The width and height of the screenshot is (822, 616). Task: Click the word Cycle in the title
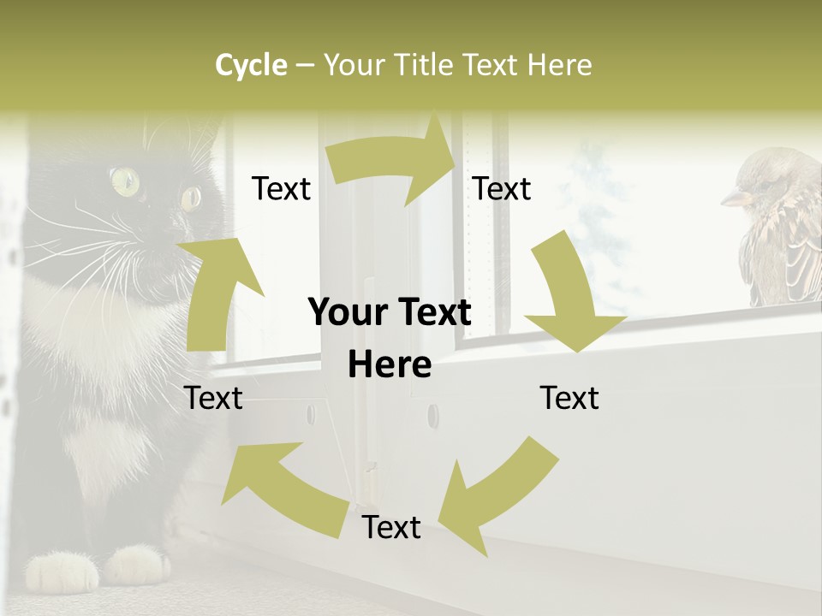click(x=251, y=65)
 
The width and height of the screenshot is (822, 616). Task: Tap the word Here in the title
click(x=559, y=65)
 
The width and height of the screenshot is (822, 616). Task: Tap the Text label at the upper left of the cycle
click(x=281, y=189)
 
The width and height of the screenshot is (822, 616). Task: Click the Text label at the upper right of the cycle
click(x=502, y=189)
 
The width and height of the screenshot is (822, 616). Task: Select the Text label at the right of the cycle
click(x=569, y=398)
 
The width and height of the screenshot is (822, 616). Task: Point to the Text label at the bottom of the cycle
click(x=391, y=528)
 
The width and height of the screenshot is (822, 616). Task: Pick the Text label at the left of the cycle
click(x=213, y=398)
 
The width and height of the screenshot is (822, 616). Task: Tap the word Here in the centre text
click(x=390, y=365)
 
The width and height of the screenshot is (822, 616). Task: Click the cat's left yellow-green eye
click(x=125, y=180)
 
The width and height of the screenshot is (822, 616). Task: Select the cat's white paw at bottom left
click(x=62, y=571)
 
